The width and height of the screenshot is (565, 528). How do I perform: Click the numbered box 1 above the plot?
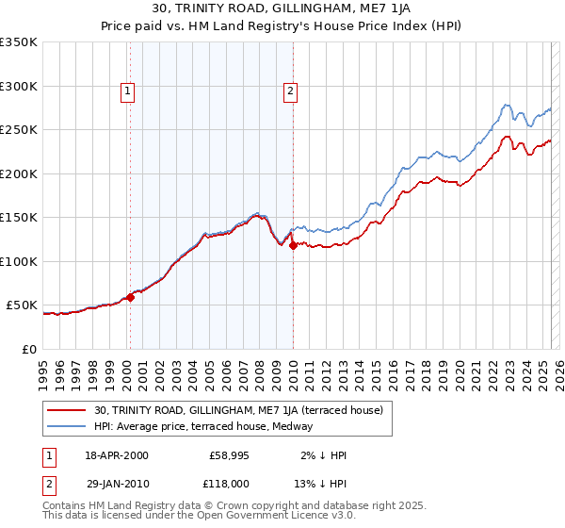[127, 91]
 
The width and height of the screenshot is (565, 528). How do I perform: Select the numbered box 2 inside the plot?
[290, 91]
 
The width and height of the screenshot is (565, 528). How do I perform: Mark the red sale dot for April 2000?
[131, 297]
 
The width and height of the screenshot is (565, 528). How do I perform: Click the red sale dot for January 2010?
[293, 246]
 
